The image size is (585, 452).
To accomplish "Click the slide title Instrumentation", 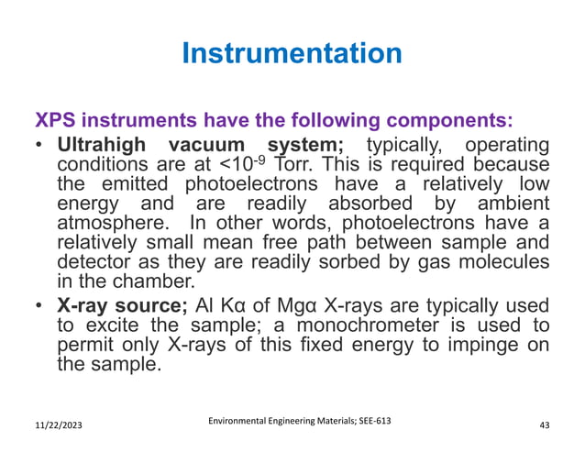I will tap(292, 54).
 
